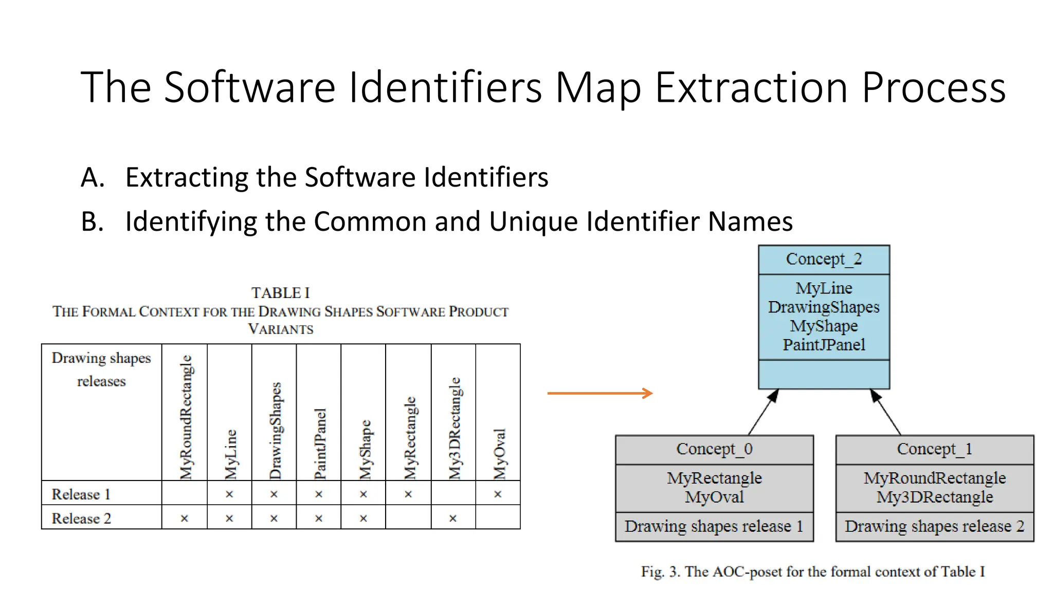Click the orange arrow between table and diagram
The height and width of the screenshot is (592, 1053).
coord(600,394)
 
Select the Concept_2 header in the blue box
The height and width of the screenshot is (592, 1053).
coord(824,260)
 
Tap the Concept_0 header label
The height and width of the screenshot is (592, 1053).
coord(714,449)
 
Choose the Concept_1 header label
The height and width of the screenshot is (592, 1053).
coord(934,449)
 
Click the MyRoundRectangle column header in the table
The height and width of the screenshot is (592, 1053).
coord(185,417)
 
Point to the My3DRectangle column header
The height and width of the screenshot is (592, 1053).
coord(454,429)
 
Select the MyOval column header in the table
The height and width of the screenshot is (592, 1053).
coord(499,454)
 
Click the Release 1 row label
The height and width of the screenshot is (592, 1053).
coord(81,494)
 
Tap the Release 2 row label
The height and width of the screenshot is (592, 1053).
coord(81,519)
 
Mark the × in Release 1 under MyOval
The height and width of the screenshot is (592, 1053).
coord(498,494)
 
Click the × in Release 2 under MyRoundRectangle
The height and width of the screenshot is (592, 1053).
coord(185,519)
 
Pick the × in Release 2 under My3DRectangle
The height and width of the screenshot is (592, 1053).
coord(453,519)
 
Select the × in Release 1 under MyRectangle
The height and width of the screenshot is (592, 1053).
coord(408,494)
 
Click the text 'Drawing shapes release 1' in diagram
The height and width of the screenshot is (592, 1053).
coord(714,527)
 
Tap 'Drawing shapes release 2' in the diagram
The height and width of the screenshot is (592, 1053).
coord(934,527)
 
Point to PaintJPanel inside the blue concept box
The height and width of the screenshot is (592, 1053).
coord(824,345)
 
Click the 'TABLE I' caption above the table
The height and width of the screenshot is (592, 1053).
coord(280,293)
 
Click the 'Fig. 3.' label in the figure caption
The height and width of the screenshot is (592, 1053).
coord(660,572)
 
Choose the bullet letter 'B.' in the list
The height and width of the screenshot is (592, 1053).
coord(93,222)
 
